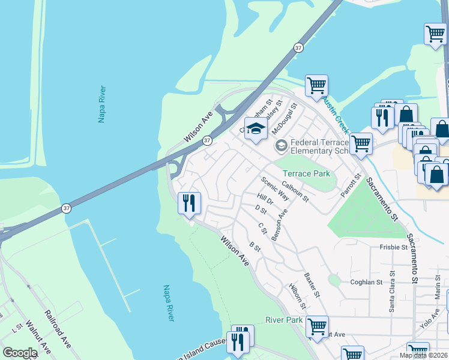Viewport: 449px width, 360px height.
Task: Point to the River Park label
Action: click(x=284, y=320)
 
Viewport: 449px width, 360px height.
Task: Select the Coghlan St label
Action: click(x=366, y=282)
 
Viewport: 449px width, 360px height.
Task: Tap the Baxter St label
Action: click(x=312, y=286)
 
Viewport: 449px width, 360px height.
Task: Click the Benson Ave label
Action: click(x=280, y=225)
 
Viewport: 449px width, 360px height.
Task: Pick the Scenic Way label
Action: click(x=274, y=188)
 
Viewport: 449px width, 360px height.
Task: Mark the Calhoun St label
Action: click(x=295, y=192)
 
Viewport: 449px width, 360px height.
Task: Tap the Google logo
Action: click(x=20, y=353)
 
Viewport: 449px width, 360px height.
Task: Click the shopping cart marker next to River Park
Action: click(x=316, y=327)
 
